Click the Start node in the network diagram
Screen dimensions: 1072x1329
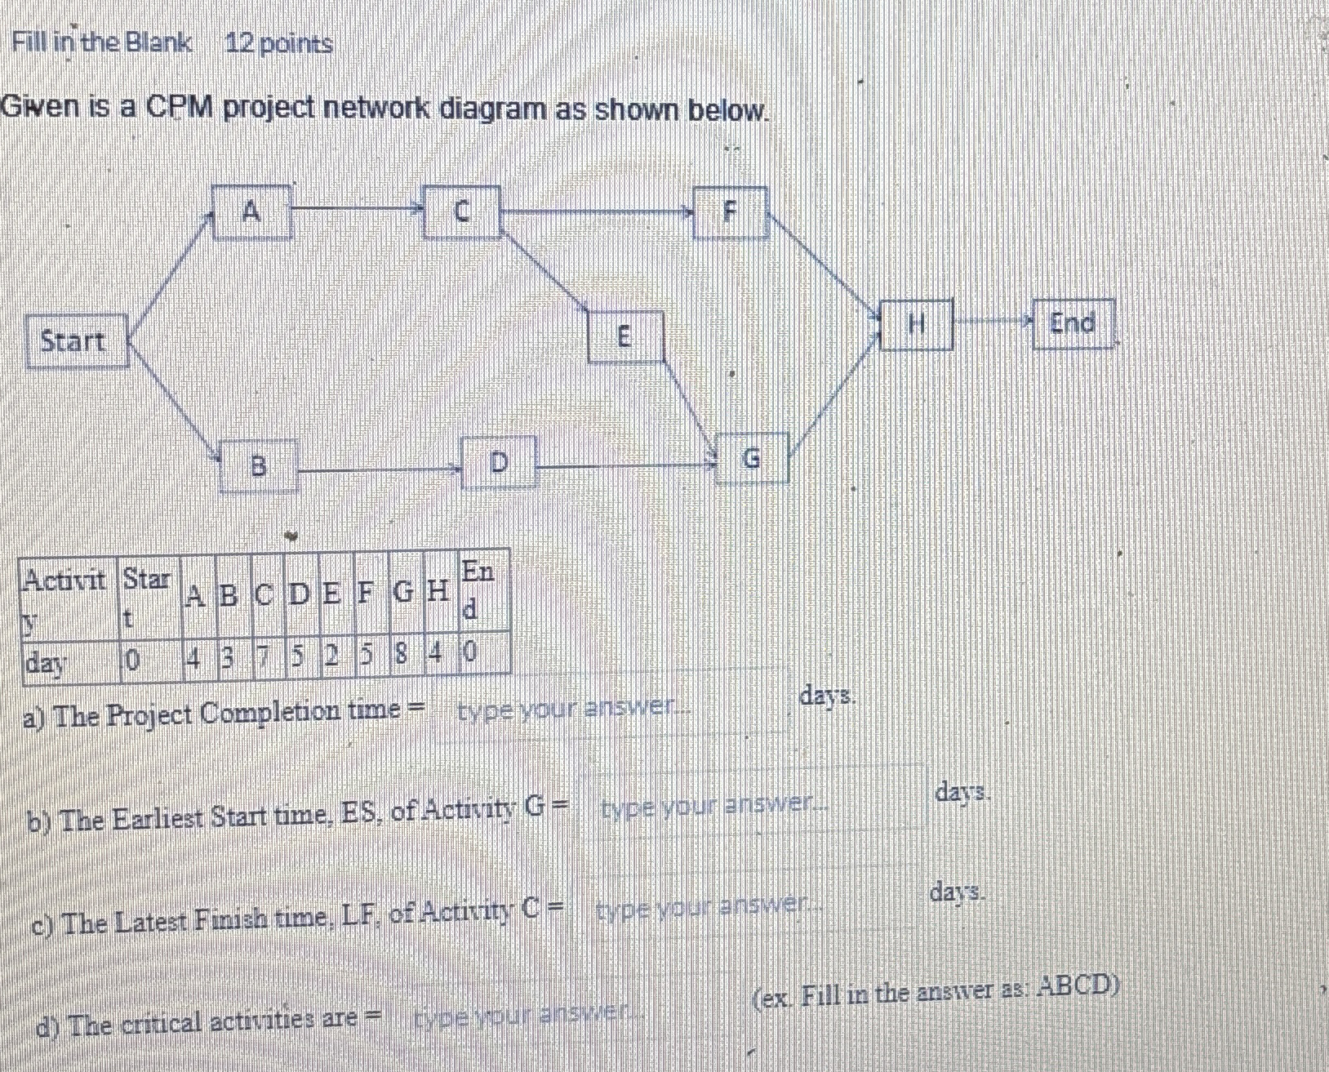tap(75, 340)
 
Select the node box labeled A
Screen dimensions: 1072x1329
tap(251, 212)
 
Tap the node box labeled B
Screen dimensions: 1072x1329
tap(258, 466)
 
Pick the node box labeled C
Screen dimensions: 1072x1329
tap(461, 211)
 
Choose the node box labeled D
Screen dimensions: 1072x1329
tap(498, 463)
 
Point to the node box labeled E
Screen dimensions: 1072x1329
tap(624, 336)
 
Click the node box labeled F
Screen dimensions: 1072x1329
tap(730, 211)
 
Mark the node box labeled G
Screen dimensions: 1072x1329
tap(751, 460)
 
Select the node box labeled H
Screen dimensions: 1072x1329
tap(916, 325)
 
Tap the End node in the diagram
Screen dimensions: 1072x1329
tap(1073, 323)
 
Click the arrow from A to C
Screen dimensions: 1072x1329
tap(358, 209)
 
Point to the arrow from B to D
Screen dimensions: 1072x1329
tap(380, 469)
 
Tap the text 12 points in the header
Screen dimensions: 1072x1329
tap(279, 43)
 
